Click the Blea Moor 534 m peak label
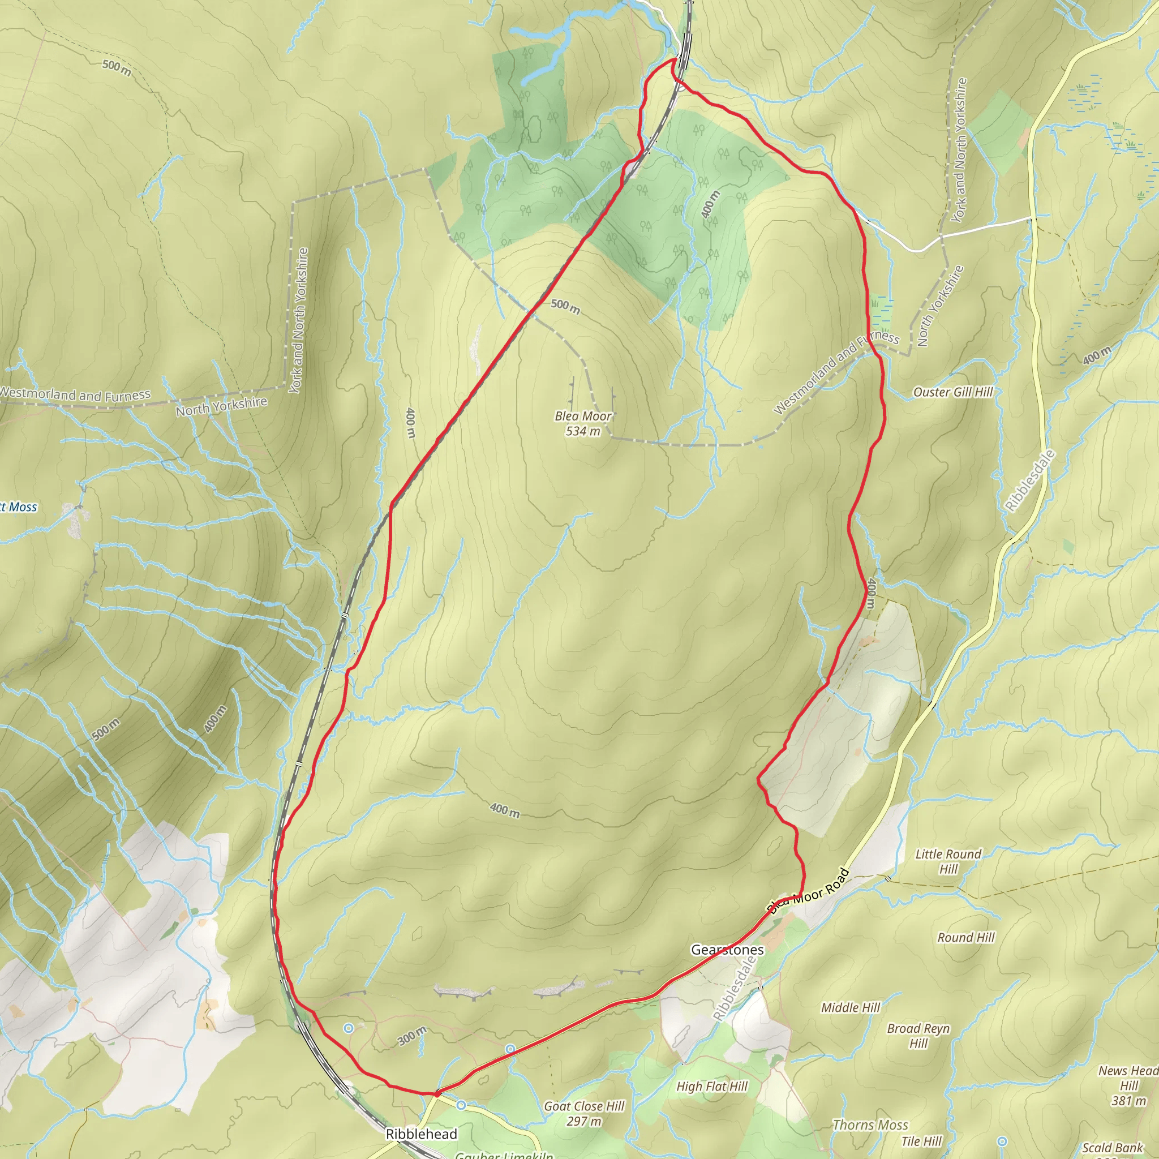pyautogui.click(x=582, y=423)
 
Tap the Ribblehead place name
pyautogui.click(x=421, y=1134)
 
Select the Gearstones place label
pyautogui.click(x=727, y=950)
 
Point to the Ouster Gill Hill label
pyautogui.click(x=952, y=392)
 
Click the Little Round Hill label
pyautogui.click(x=948, y=861)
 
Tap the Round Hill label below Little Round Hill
pyautogui.click(x=966, y=938)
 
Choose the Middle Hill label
pyautogui.click(x=850, y=1007)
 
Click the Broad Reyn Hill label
pyautogui.click(x=918, y=1036)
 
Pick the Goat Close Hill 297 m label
pyautogui.click(x=583, y=1113)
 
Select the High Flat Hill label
pyautogui.click(x=711, y=1087)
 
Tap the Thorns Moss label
pyautogui.click(x=870, y=1125)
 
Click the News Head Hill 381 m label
pyautogui.click(x=1128, y=1085)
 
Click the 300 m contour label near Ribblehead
pyautogui.click(x=412, y=1036)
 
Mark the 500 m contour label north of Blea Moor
pyautogui.click(x=565, y=307)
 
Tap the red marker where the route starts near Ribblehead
pyautogui.click(x=437, y=1093)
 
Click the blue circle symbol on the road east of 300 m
pyautogui.click(x=510, y=1049)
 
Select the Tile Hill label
pyautogui.click(x=921, y=1141)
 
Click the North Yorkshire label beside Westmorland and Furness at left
pyautogui.click(x=221, y=406)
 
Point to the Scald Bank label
pyautogui.click(x=1112, y=1148)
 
